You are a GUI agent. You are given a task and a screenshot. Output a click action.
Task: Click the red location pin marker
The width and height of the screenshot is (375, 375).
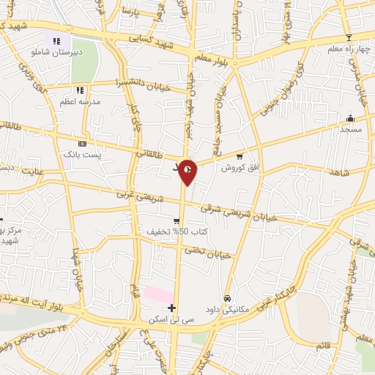(x=187, y=171)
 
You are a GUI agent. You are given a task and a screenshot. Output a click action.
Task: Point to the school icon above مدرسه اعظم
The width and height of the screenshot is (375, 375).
(x=81, y=90)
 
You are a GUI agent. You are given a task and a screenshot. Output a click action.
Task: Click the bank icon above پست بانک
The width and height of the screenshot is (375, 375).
(x=81, y=144)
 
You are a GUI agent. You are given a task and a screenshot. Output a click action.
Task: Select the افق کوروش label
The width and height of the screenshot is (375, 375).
(x=239, y=167)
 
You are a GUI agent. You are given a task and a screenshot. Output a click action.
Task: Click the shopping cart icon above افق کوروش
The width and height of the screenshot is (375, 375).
(x=240, y=156)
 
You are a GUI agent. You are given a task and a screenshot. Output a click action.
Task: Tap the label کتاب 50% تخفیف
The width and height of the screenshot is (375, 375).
(x=176, y=232)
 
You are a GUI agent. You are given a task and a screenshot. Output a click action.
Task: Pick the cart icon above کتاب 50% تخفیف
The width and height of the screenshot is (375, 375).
(x=177, y=221)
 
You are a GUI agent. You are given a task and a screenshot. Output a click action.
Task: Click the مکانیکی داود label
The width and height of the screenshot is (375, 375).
(x=229, y=310)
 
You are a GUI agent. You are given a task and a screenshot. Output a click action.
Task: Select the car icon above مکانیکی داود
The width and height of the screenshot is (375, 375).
(x=229, y=298)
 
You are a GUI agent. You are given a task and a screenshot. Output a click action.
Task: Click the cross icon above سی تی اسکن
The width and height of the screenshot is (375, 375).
(x=171, y=308)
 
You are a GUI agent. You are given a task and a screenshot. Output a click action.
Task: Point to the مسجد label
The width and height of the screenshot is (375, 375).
(x=351, y=129)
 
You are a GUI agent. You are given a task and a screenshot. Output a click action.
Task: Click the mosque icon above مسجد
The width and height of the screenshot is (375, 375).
(x=350, y=118)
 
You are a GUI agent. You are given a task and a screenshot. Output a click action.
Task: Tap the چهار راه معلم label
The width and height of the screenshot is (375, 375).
(x=348, y=49)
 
